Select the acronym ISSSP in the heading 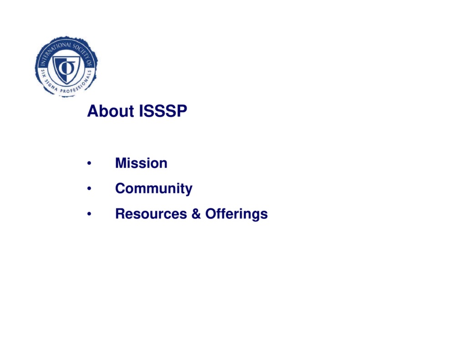[162, 112]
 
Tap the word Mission [141, 163]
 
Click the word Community [154, 188]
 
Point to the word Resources [151, 213]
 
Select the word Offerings [236, 214]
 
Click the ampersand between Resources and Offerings [196, 213]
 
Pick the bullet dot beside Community [90, 189]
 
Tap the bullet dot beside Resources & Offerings [90, 214]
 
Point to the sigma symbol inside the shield [66, 66]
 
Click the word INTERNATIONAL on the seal [54, 49]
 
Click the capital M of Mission [121, 163]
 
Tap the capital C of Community [120, 188]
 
